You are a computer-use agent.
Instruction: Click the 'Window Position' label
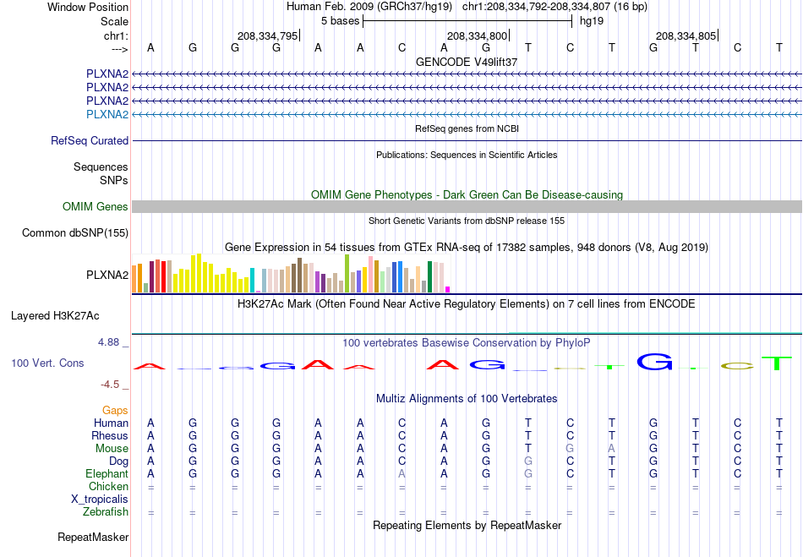coord(88,7)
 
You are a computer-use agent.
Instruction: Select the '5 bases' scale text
coord(340,21)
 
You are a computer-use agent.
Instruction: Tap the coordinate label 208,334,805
coord(686,35)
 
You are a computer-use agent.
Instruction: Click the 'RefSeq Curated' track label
coord(90,141)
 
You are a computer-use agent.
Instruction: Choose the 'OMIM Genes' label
coord(96,206)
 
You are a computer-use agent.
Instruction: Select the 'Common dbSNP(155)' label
coord(75,233)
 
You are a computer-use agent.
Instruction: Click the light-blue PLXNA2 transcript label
coord(107,114)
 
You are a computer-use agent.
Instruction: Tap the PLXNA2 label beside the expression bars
coord(107,275)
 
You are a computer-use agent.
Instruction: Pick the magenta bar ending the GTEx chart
coord(448,289)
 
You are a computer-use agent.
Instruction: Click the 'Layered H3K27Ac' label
coord(55,316)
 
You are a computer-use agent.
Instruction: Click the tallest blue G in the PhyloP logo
coord(654,362)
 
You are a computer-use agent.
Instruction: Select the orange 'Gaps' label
coord(115,410)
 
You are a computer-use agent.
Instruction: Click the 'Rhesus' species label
coord(110,435)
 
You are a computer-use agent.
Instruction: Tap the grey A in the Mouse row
coord(611,449)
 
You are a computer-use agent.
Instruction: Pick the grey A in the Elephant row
coord(402,473)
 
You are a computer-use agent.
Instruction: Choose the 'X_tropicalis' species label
coord(100,500)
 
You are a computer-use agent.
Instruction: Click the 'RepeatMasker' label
coord(93,537)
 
